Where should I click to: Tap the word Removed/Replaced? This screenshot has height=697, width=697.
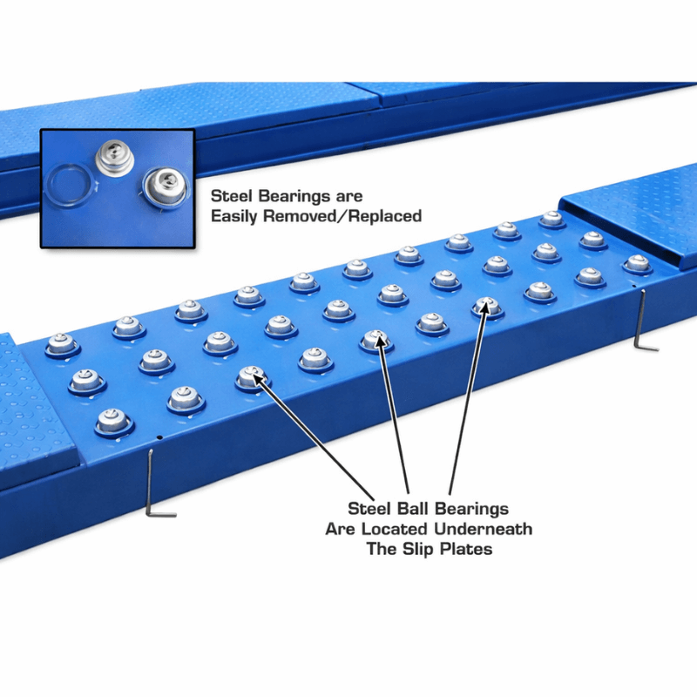(x=346, y=215)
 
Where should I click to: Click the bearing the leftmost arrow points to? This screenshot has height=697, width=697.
(x=252, y=376)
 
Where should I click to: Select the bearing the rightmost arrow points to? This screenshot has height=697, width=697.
(x=486, y=305)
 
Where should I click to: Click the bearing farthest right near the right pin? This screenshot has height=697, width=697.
(x=638, y=262)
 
